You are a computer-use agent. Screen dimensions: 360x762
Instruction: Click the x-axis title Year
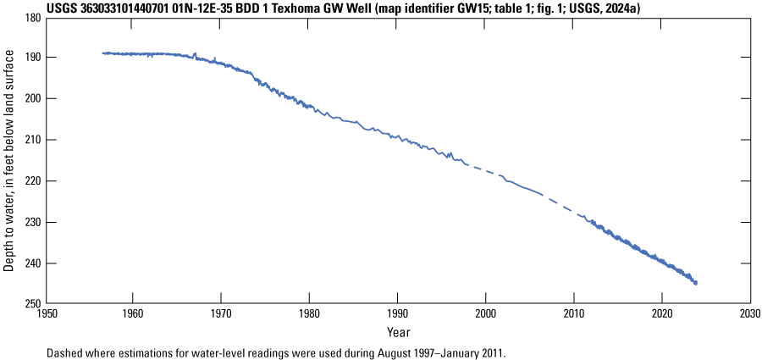point(399,330)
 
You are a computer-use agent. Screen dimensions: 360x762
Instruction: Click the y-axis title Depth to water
point(9,160)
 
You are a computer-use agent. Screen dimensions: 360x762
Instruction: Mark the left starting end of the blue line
point(102,53)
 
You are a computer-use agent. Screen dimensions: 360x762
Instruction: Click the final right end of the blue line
point(696,283)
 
